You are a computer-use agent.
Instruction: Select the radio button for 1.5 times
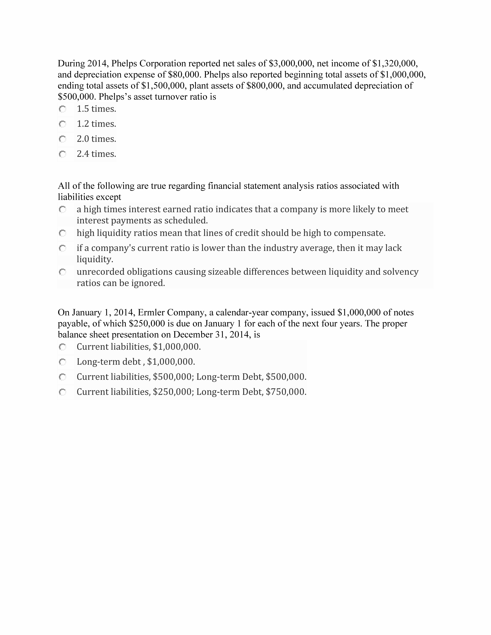[62, 109]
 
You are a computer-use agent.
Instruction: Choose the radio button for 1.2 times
[62, 124]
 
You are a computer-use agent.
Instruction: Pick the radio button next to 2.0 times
[62, 139]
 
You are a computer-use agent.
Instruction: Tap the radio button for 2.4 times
[62, 154]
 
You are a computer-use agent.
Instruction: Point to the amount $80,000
[184, 75]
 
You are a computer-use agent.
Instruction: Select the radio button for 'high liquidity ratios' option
[62, 233]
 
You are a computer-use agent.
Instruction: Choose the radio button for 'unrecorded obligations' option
[62, 272]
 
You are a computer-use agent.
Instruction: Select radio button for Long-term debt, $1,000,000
[62, 362]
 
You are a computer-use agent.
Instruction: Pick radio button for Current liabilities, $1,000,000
[62, 347]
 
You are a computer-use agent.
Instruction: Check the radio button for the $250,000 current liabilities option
[62, 392]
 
